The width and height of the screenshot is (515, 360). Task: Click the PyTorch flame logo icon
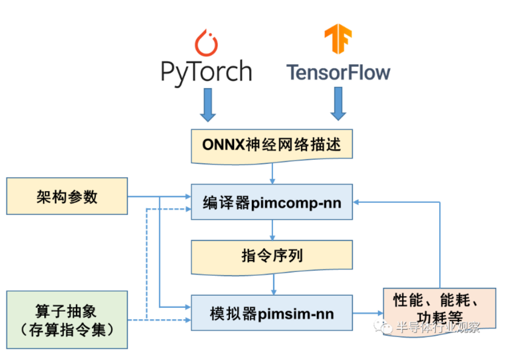207,43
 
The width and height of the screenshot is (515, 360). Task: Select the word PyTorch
207,72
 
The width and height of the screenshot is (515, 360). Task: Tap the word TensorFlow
338,73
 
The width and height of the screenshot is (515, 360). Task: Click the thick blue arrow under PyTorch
207,103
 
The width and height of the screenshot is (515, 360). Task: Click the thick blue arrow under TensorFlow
338,103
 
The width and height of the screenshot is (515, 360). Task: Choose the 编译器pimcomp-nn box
271,202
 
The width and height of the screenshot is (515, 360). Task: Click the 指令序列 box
271,257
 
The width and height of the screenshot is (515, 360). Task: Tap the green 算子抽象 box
67,319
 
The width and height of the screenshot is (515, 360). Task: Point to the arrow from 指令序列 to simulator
272,285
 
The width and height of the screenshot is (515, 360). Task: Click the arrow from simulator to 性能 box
367,314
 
